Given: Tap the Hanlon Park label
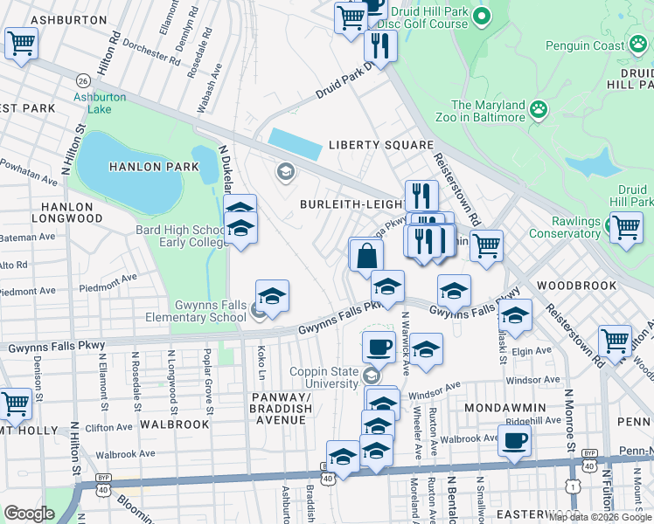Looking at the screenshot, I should pos(142,166).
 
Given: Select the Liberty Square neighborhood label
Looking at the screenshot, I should pos(380,145).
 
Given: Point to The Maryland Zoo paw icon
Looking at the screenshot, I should pos(540,110).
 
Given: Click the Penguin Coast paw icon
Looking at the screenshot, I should pos(637,45).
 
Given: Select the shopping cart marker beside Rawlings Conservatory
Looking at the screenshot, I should pos(626,228).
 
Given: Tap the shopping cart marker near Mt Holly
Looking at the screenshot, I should pos(17,403).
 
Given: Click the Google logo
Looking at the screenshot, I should pos(29,514).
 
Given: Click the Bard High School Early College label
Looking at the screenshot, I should pos(180,236).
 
